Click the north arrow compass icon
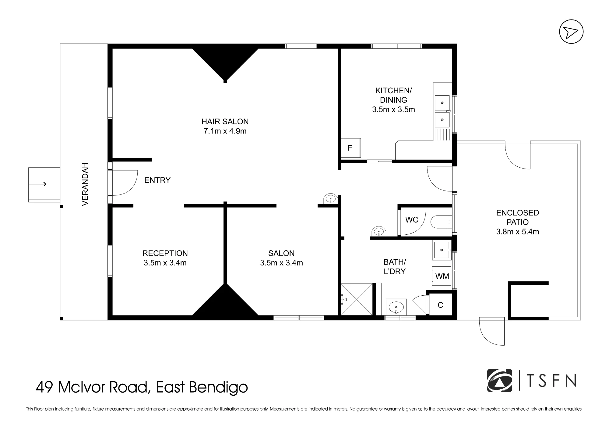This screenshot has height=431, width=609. (x=571, y=32)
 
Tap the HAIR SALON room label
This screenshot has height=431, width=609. (x=225, y=122)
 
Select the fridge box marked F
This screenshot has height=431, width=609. (x=350, y=148)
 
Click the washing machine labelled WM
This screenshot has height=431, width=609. (x=442, y=276)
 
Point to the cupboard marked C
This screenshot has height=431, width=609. (x=440, y=305)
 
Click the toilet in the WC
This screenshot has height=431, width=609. (x=441, y=222)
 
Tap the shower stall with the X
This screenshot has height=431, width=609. (x=357, y=299)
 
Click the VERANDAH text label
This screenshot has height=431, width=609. (x=85, y=184)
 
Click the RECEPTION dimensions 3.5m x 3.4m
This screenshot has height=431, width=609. (x=165, y=263)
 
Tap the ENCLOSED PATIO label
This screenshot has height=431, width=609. (x=518, y=217)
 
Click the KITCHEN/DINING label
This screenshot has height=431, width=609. (x=393, y=95)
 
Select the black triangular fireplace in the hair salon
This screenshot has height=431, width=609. (x=225, y=64)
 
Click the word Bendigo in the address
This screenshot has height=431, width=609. (x=219, y=388)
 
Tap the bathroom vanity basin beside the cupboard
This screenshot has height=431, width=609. (x=396, y=307)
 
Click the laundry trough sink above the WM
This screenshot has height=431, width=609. (x=442, y=250)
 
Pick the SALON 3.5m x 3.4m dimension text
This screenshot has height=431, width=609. (x=281, y=263)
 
